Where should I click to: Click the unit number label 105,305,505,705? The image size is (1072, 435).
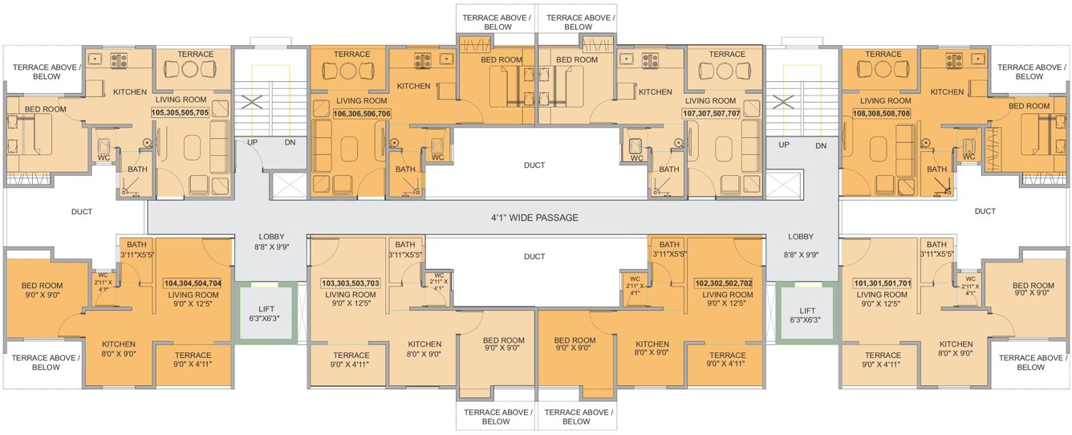180,113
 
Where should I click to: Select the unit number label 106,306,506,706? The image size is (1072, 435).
362,114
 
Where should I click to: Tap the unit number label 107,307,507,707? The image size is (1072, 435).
711,114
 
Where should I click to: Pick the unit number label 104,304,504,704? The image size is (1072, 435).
193,283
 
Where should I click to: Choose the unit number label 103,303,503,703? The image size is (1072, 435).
351,283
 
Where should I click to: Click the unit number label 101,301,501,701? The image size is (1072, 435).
883,283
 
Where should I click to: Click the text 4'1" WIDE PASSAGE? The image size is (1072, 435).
534,217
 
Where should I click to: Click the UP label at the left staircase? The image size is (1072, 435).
253,143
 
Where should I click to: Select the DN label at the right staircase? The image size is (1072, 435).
820,145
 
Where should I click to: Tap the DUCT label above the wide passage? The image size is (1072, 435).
534,165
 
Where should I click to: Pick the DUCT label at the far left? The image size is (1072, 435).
82,212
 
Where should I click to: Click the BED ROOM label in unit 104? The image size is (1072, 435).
42,290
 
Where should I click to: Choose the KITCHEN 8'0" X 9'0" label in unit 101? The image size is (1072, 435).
956,348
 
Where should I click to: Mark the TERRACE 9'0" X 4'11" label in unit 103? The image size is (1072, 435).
351,360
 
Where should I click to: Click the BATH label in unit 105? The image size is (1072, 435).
136,169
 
